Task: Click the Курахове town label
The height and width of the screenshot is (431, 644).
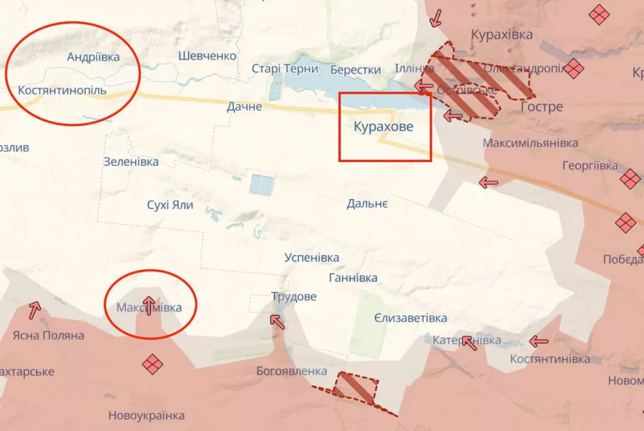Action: click(x=384, y=127)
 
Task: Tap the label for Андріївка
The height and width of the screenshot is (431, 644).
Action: click(x=93, y=57)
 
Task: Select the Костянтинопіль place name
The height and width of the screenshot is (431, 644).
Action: click(x=62, y=90)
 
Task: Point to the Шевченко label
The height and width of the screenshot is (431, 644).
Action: click(x=207, y=56)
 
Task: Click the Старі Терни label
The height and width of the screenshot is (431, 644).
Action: click(x=285, y=69)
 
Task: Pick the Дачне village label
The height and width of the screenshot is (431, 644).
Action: click(x=245, y=107)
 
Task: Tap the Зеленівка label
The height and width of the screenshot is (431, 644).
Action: click(x=131, y=162)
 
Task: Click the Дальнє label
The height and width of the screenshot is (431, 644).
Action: click(x=367, y=204)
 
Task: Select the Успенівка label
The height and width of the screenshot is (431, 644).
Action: click(x=311, y=258)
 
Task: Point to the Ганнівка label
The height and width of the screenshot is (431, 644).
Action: click(x=353, y=278)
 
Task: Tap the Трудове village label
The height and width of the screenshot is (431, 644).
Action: click(x=294, y=297)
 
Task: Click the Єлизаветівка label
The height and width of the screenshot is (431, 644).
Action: click(x=411, y=318)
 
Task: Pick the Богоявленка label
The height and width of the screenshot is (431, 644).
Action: click(x=292, y=371)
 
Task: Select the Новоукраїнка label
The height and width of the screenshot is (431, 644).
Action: click(x=147, y=415)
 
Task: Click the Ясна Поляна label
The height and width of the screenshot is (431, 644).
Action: click(x=46, y=336)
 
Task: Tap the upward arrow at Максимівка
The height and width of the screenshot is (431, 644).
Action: click(x=149, y=305)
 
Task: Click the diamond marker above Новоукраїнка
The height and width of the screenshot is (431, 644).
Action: click(x=152, y=364)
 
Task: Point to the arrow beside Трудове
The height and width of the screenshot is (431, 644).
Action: click(x=276, y=320)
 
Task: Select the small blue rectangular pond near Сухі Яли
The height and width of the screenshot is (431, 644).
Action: click(x=262, y=185)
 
